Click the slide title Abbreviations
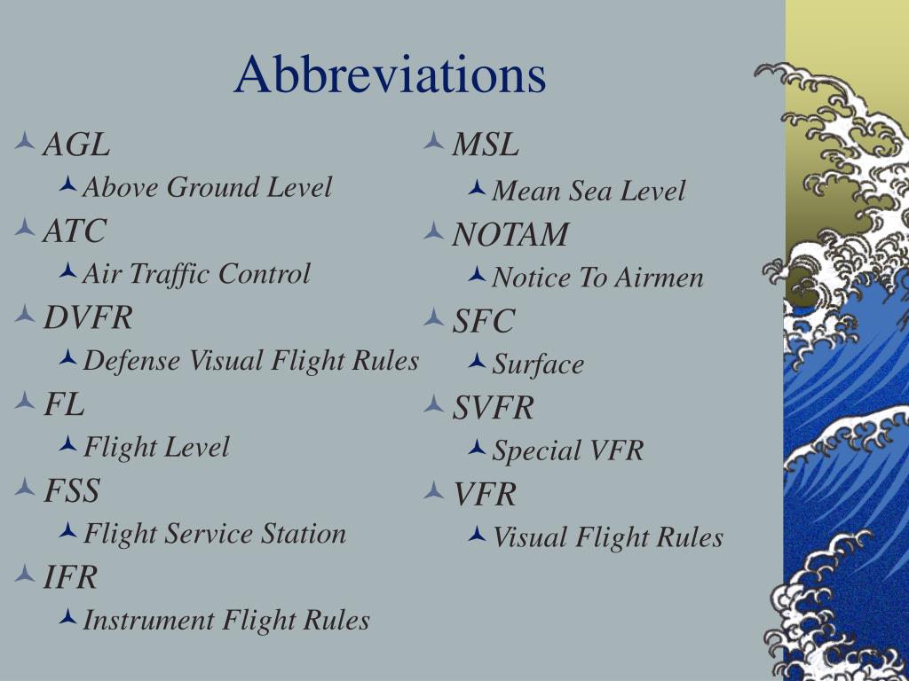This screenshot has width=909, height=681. pyautogui.click(x=390, y=74)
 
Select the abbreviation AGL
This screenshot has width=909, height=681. pyautogui.click(x=77, y=144)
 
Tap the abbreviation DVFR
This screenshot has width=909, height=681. pyautogui.click(x=88, y=317)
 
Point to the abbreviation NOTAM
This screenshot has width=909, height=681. pyautogui.click(x=510, y=235)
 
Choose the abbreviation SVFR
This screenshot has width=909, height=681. pyautogui.click(x=494, y=408)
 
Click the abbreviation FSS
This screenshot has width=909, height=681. pyautogui.click(x=72, y=490)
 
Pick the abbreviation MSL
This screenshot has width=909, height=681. pyautogui.click(x=486, y=144)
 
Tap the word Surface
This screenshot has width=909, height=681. pyautogui.click(x=538, y=364)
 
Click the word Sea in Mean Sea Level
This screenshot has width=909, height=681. pyautogui.click(x=590, y=191)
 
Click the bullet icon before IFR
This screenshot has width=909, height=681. pyautogui.click(x=25, y=575)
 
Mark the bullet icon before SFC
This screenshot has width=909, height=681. pyautogui.click(x=434, y=317)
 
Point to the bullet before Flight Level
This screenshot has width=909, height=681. pyautogui.click(x=67, y=445)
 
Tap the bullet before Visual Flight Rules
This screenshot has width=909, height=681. pyautogui.click(x=477, y=535)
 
